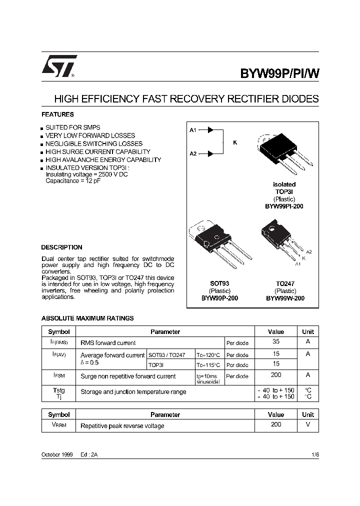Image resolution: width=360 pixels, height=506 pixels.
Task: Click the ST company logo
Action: tap(59, 66)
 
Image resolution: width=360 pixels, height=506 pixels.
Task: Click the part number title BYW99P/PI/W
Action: tap(279, 73)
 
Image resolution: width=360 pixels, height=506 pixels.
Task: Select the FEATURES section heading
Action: tap(57, 114)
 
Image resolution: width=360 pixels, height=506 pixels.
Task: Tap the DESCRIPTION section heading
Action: tap(61, 247)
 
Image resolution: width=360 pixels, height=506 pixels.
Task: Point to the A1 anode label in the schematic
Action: tap(193, 130)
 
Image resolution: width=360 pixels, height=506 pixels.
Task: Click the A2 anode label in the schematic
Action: tap(193, 153)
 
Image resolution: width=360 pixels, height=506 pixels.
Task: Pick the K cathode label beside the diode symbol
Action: tap(235, 142)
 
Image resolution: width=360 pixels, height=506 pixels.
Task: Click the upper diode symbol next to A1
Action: tap(210, 130)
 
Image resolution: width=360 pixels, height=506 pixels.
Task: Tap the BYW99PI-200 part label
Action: tap(284, 206)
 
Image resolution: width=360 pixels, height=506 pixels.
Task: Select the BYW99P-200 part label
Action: tap(219, 298)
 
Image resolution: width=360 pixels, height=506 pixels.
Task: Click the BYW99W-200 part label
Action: tap(285, 298)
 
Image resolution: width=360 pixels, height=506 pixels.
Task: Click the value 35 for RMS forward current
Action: tap(275, 342)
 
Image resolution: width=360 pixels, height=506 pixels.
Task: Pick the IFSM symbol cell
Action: tap(59, 375)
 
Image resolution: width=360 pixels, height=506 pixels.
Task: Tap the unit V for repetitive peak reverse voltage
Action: tap(307, 425)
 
